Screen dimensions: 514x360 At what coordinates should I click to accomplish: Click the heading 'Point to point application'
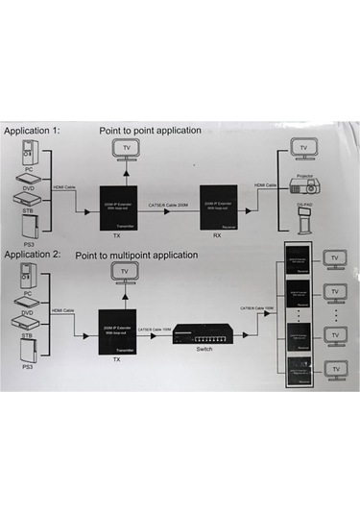150,129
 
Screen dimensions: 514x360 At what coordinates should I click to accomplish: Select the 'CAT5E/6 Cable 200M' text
171,204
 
